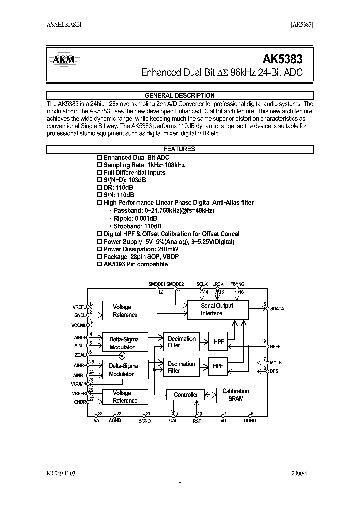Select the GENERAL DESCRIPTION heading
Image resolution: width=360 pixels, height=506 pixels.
point(179,95)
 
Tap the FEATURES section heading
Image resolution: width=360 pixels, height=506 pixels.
point(179,149)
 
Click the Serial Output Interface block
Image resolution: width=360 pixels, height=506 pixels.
point(217,309)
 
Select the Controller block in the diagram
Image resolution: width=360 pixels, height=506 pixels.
point(186,395)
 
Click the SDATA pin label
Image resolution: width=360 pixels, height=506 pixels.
point(277,309)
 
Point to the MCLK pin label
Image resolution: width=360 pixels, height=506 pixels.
point(276,362)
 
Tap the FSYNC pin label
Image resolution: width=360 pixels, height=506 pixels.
point(237,284)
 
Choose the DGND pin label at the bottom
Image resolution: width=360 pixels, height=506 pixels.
point(250,421)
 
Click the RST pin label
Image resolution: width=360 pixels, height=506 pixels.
point(197,421)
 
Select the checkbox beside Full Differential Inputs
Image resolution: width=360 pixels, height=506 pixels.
point(99,173)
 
